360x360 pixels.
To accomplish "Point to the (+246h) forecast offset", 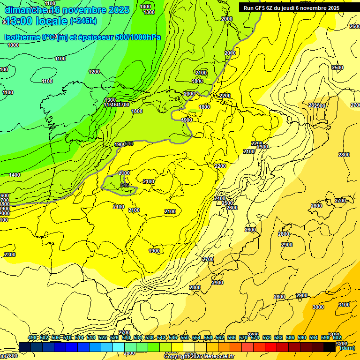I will pyautogui.click(x=83, y=21).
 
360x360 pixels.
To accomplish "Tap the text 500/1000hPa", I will pyautogui.click(x=139, y=37).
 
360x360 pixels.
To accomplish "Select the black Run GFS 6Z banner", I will pyautogui.click(x=291, y=7).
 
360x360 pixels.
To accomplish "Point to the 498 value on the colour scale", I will pyautogui.click(x=32, y=337).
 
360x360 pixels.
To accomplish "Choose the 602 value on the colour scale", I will pyautogui.click(x=337, y=337).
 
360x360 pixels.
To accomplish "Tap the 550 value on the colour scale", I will pyautogui.click(x=185, y=337).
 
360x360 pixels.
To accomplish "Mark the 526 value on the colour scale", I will pyautogui.click(x=114, y=337).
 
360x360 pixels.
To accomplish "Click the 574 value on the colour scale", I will pyautogui.click(x=255, y=337).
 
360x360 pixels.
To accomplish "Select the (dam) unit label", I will pyautogui.click(x=347, y=348).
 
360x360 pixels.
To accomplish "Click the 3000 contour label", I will pyautogui.click(x=318, y=307).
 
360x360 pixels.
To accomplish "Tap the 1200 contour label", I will pyautogui.click(x=94, y=72).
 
